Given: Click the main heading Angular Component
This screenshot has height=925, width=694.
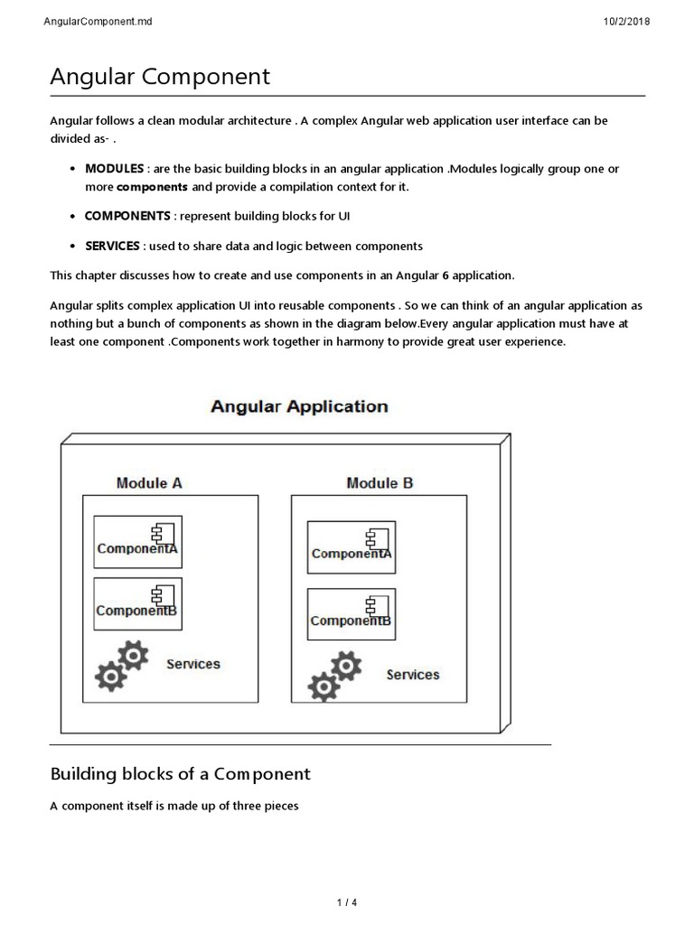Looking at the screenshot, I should tap(159, 77).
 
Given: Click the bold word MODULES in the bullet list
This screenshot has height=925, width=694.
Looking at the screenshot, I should tap(114, 169).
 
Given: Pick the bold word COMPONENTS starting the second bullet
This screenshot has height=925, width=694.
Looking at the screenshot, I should tap(127, 216).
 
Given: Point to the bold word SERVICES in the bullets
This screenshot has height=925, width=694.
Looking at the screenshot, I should tap(112, 246).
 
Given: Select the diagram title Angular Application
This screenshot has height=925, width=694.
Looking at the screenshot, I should tap(299, 406).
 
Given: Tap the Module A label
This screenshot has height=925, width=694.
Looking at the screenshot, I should tap(149, 483).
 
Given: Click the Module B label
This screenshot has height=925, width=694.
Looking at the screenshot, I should tap(380, 483).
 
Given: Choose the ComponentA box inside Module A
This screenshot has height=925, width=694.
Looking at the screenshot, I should tap(138, 542).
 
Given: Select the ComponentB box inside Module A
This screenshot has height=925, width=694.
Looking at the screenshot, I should tap(138, 603).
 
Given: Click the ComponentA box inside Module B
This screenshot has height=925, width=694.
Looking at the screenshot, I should tap(352, 547).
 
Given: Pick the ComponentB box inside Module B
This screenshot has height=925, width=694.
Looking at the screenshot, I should tap(352, 614).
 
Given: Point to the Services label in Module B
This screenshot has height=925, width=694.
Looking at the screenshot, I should tap(413, 675).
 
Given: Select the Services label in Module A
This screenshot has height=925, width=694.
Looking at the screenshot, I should tap(192, 664).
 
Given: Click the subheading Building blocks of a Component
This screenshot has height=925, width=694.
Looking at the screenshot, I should tap(180, 774).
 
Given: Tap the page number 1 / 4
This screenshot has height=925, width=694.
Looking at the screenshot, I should tap(347, 902).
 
